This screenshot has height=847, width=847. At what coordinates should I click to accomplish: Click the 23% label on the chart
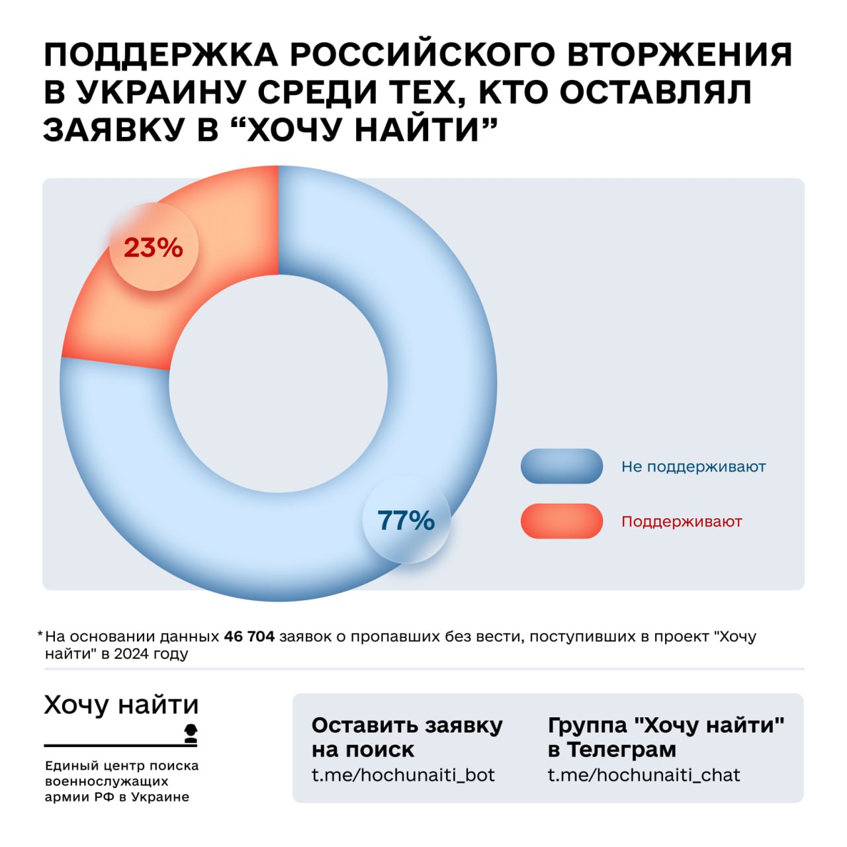coord(154,247)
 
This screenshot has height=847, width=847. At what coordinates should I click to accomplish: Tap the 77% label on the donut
coord(406,520)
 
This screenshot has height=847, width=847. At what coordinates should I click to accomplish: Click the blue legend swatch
coord(562,467)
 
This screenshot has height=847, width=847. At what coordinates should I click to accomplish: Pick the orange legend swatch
coord(562,521)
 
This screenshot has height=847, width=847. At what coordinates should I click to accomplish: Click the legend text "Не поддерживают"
coord(693,467)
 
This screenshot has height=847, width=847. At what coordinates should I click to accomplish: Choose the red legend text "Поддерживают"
coord(682,521)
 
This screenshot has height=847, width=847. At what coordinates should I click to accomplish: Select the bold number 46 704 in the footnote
coord(249,637)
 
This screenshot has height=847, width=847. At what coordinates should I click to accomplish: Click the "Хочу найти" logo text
coord(121,705)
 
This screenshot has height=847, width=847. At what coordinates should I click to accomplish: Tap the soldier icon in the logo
coord(191,733)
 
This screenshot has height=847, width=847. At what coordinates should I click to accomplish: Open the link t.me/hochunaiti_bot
coord(403,775)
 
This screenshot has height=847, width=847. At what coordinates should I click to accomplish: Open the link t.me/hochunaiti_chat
coord(643,775)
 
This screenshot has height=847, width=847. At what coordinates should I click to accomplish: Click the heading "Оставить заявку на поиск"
coord(406,737)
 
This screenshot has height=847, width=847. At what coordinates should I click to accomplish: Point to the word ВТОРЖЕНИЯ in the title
coord(680,54)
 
